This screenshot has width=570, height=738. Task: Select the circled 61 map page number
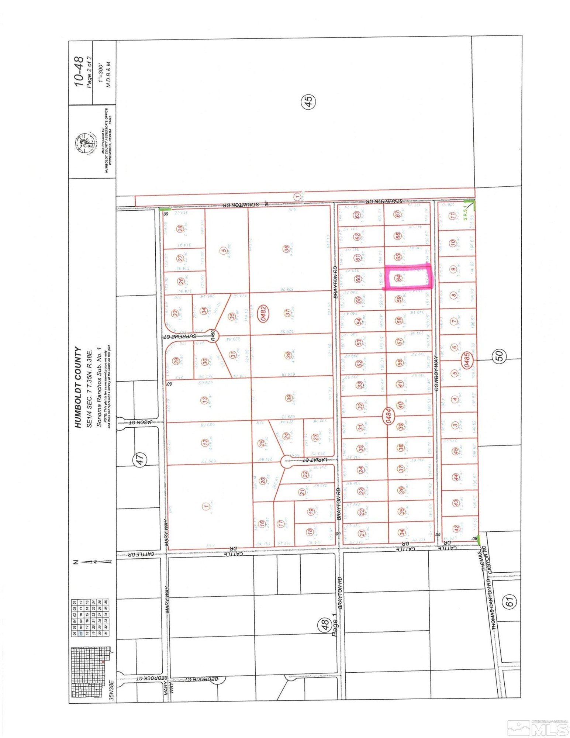point(509,602)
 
